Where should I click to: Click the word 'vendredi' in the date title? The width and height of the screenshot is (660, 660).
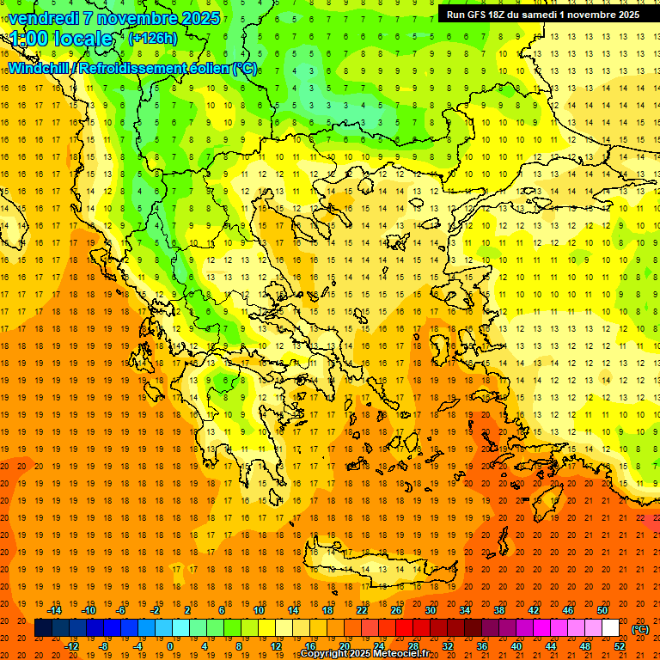pos(44,18)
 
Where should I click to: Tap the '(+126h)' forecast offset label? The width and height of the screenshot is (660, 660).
pos(152,38)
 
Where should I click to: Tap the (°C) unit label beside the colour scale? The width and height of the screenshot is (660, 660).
pos(640,629)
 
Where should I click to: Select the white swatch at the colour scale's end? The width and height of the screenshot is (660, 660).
pos(611,628)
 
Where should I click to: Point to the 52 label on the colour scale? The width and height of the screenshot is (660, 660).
pos(620,646)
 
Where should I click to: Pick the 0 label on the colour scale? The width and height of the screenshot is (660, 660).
pos(169,646)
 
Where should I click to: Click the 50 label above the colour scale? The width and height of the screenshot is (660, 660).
pos(602,610)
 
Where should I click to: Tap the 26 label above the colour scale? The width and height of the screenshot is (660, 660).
pos(396,610)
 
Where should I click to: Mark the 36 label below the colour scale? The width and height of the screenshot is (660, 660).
pos(481,646)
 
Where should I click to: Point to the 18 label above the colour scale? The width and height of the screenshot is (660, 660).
pos(327,610)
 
